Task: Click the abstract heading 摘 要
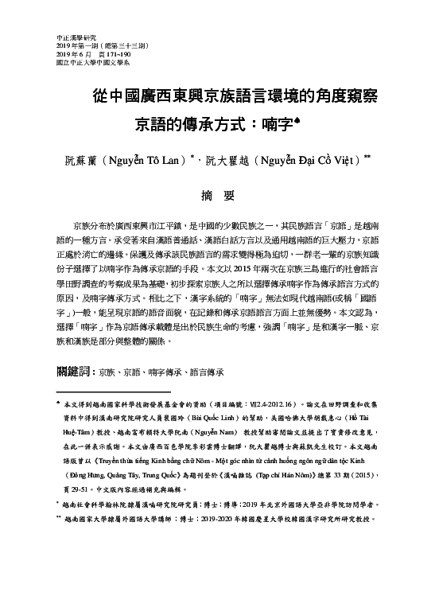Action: (x=218, y=196)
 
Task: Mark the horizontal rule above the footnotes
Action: (x=114, y=392)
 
